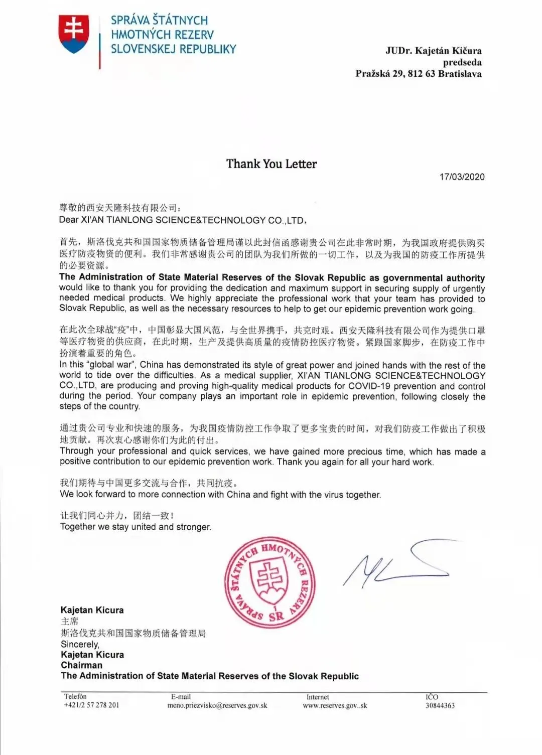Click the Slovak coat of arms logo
74,34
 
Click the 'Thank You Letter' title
272,164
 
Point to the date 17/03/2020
462,177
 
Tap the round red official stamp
270,582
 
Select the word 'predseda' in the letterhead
462,62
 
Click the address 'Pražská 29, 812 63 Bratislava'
419,74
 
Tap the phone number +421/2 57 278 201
91,705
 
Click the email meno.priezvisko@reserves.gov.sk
217,705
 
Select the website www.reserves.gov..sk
335,705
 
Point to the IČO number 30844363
440,705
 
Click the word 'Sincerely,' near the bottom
80,644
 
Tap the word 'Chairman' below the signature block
81,665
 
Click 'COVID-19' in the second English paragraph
367,386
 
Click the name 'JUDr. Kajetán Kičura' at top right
433,51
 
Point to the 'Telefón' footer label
75,696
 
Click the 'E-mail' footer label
181,696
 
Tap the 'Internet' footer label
318,697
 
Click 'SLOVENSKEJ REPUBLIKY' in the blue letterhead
173,49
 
